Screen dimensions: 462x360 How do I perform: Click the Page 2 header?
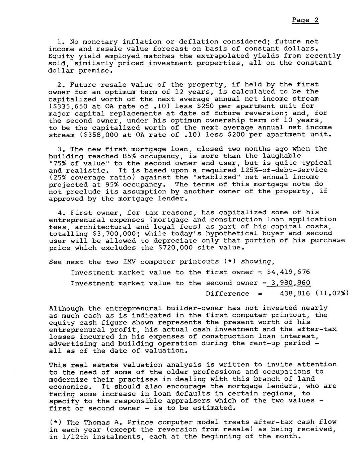pyautogui.click(x=305, y=20)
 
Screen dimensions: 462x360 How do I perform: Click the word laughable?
pyautogui.click(x=282, y=156)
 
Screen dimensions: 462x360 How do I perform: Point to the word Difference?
pyautogui.click(x=227, y=294)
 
